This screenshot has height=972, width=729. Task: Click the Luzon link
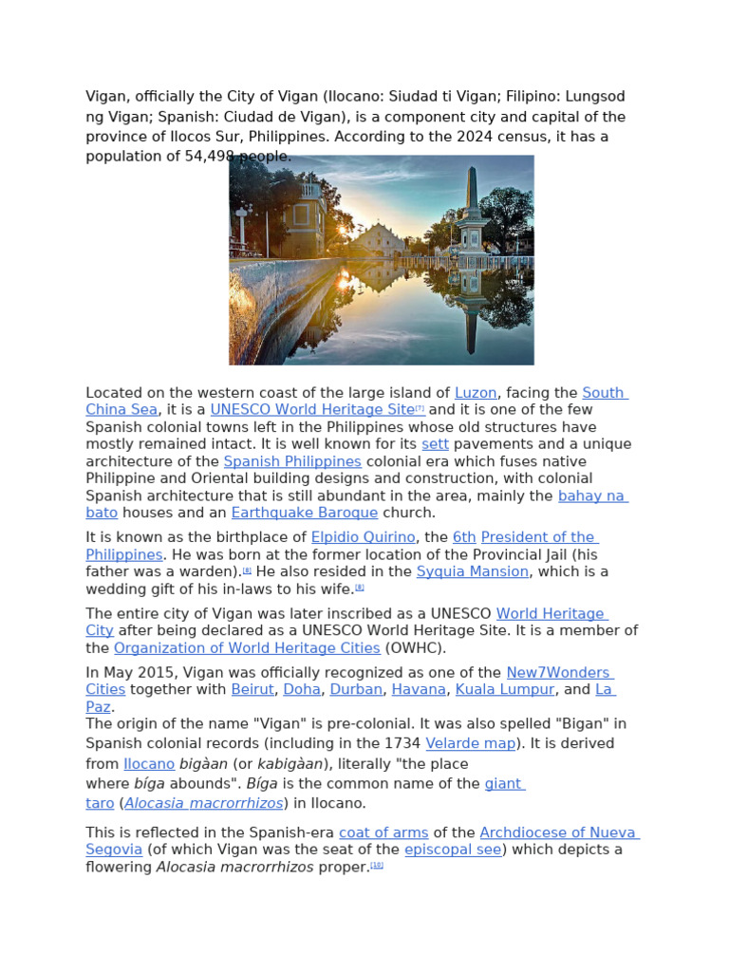(x=477, y=392)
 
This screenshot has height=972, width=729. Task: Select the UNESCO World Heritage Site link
(x=312, y=409)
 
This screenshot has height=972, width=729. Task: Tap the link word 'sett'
(x=435, y=443)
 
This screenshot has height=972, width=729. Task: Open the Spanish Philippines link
(x=292, y=460)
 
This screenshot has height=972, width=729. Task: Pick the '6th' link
(x=464, y=536)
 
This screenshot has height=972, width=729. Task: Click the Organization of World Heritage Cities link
(x=247, y=648)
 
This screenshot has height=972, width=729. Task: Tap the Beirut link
(x=252, y=689)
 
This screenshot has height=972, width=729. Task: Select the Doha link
(x=302, y=689)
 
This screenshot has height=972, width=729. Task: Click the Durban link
(x=356, y=689)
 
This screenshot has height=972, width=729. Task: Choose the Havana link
(x=419, y=689)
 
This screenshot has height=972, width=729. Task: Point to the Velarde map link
(x=471, y=743)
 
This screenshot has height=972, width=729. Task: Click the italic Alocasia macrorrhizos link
(x=204, y=803)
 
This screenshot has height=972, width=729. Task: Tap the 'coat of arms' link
(x=383, y=832)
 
